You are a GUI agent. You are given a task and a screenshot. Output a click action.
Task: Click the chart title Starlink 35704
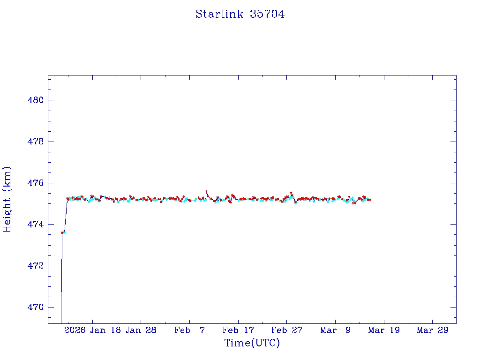(x=240, y=14)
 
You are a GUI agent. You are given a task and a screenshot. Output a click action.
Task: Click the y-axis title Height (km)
(x=7, y=199)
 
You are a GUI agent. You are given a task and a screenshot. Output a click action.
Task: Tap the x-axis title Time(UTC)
(x=252, y=343)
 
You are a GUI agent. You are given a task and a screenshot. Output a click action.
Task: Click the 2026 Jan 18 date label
(x=92, y=330)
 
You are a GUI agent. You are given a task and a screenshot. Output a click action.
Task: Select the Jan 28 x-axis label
(x=141, y=330)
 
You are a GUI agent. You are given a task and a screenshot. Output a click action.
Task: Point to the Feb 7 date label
(x=189, y=330)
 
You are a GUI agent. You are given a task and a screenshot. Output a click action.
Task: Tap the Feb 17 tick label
(x=238, y=330)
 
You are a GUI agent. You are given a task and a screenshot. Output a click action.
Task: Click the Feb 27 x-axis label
(x=286, y=330)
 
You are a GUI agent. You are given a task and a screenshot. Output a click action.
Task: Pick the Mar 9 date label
(x=335, y=330)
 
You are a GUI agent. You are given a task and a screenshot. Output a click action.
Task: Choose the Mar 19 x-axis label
(x=384, y=330)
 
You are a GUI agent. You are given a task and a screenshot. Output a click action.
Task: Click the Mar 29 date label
(x=432, y=330)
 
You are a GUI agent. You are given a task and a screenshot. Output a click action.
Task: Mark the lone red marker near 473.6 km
(x=62, y=232)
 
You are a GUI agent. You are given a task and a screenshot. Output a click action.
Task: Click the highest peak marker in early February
(x=206, y=192)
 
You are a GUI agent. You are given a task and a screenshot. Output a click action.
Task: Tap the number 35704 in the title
(x=267, y=14)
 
